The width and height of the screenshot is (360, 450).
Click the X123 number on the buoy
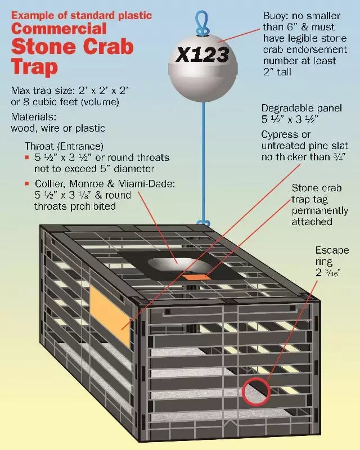(202, 55)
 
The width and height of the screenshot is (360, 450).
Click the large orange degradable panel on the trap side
(110, 314)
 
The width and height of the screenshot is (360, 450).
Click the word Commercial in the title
(60, 28)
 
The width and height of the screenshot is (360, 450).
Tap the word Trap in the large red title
(34, 67)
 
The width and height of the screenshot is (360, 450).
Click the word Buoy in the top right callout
(276, 15)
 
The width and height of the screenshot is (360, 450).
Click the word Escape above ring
(331, 250)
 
